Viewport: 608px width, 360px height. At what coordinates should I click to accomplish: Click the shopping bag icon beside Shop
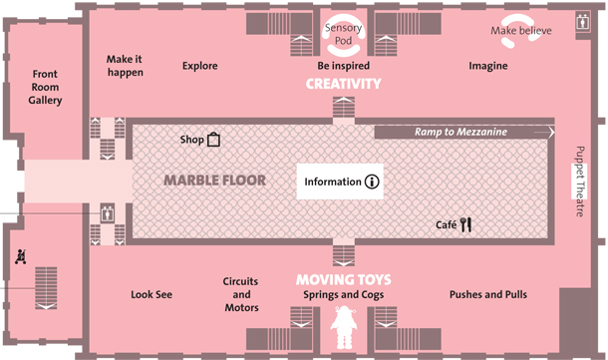tap(213, 140)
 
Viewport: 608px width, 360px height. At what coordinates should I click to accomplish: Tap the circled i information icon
tap(372, 181)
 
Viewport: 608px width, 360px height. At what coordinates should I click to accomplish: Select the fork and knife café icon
tap(465, 224)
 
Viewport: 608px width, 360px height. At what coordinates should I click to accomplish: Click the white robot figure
tap(344, 327)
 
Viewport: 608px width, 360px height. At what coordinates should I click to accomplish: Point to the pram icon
tap(21, 257)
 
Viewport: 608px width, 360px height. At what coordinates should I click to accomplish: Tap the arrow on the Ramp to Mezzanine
tap(544, 133)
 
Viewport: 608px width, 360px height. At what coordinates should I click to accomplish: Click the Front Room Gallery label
tap(45, 88)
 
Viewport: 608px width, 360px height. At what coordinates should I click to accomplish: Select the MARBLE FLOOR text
tap(215, 180)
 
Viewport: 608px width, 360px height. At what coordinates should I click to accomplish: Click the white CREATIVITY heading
tap(344, 84)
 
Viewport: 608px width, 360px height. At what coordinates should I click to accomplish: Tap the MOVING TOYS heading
tap(344, 279)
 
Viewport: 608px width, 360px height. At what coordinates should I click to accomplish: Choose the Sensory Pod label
tap(344, 34)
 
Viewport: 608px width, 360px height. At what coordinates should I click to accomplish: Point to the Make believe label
tap(521, 31)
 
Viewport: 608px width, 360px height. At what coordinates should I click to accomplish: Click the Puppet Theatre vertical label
tap(580, 181)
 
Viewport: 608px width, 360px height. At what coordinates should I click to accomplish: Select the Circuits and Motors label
tap(241, 294)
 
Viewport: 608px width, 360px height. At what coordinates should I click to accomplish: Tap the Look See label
tap(152, 294)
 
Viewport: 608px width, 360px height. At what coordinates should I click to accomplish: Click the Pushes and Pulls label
tap(488, 294)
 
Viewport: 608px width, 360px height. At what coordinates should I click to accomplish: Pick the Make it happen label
tap(125, 66)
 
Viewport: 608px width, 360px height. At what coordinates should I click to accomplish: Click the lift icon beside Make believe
tap(583, 22)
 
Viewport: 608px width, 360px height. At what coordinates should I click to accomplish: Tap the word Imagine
tap(488, 66)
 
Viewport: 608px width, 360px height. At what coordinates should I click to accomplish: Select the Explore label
tap(200, 66)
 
